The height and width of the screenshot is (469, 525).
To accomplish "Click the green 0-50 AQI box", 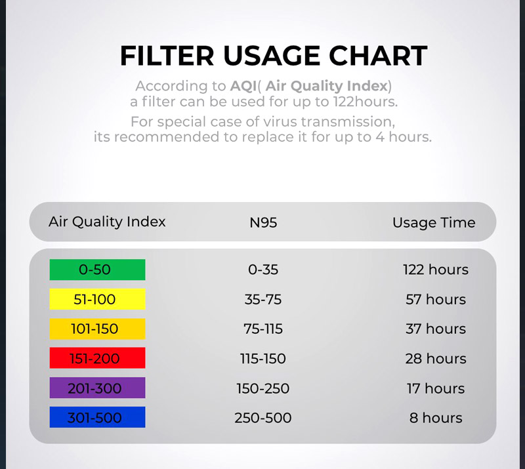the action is point(97,270).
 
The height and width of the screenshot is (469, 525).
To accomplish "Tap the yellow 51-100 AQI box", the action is point(97,299).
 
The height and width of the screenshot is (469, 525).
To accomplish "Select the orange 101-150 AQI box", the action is point(97,329).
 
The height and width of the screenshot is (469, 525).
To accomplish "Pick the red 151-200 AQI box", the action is point(97,358).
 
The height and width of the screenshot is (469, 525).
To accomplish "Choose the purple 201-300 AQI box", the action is point(97,388).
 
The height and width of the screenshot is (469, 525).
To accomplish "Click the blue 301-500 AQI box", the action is point(97,417).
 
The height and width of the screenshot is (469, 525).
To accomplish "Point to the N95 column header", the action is point(263,222).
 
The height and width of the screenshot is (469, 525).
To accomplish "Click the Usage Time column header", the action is point(434,222).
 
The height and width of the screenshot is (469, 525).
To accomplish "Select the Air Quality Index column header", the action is point(107,222).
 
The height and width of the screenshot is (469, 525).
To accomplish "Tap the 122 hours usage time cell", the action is point(436,270).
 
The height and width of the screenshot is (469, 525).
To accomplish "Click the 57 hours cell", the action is point(436,299).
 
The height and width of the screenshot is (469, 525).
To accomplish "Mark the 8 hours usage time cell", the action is point(436,418).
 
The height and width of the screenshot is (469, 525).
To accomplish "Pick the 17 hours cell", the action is point(436,388).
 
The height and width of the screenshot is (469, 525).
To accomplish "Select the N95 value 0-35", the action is point(263,270).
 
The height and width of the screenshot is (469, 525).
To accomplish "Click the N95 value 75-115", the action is point(263,329).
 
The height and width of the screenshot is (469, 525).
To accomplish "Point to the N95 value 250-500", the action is point(263,418).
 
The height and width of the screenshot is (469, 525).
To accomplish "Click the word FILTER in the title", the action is point(167,56).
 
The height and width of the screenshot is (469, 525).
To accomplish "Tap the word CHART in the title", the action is point(378,56).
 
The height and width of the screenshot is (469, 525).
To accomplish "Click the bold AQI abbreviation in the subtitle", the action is point(243,86).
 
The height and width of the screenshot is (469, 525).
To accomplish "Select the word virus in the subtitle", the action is point(281,121).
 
